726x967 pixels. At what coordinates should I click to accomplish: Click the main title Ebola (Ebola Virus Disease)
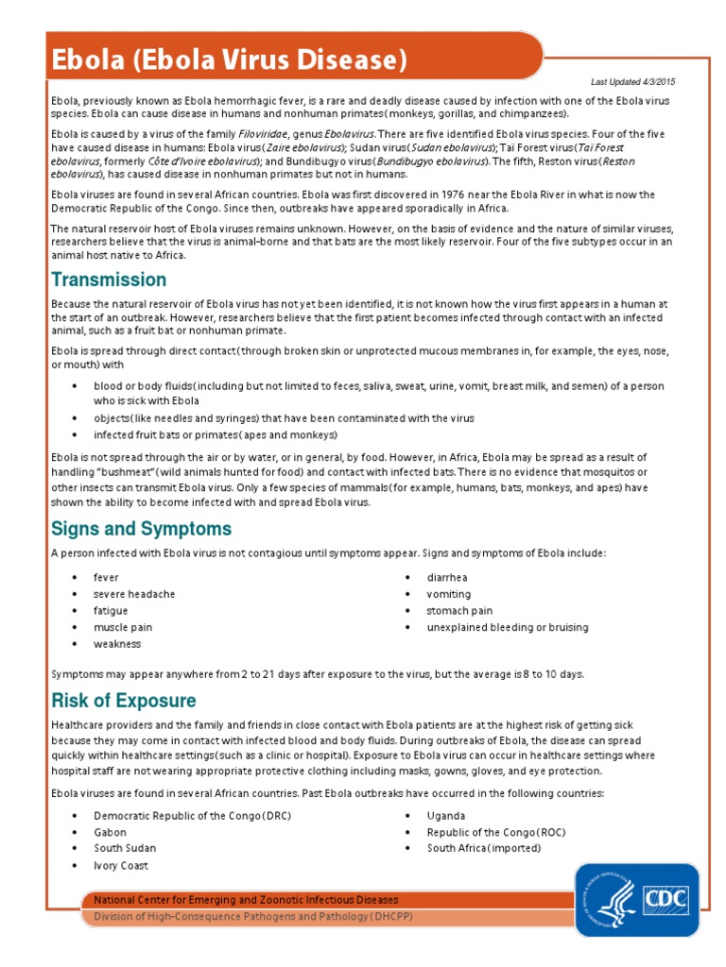tap(229, 60)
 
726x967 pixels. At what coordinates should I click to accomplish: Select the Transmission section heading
tap(109, 280)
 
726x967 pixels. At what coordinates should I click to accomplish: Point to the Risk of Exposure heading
tap(123, 701)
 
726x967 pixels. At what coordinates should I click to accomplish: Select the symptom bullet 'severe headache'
tap(133, 594)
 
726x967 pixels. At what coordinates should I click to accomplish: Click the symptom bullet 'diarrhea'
tap(447, 577)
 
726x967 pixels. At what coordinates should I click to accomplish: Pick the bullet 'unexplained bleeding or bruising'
tap(507, 627)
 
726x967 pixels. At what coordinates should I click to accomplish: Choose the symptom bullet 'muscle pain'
tap(122, 627)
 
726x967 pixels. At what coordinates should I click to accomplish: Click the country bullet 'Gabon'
tap(110, 832)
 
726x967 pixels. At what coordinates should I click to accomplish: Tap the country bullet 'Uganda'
tap(446, 815)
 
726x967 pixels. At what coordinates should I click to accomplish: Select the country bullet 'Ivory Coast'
tap(120, 865)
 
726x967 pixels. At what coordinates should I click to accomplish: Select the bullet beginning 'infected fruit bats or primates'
tap(215, 434)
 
